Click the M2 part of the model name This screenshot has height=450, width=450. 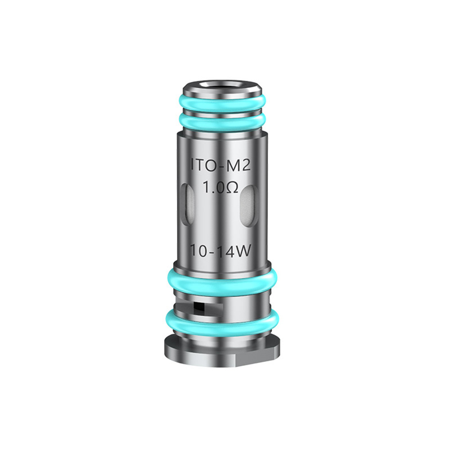point(243,166)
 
